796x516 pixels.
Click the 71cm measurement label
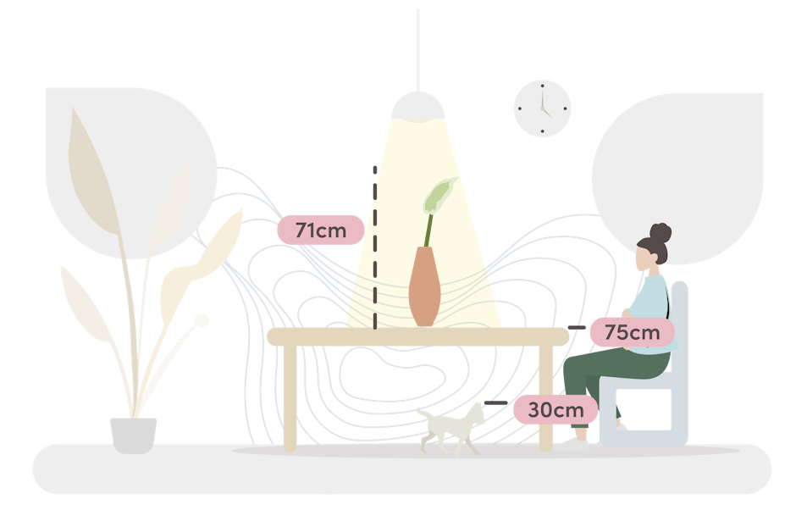322,230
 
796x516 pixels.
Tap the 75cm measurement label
632,332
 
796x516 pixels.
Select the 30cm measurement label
556,410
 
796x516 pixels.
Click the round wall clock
543,108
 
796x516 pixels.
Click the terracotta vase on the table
424,287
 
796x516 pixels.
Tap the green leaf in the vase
440,197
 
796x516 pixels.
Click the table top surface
417,336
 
